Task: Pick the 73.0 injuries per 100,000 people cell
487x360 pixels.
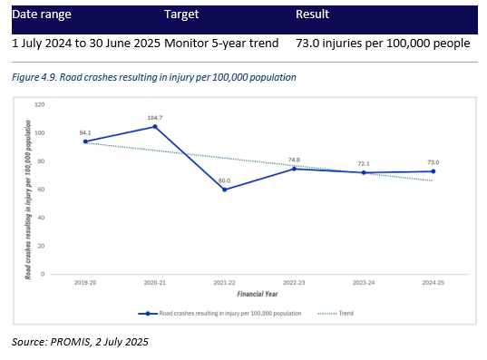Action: (x=383, y=43)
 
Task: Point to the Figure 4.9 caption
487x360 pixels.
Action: (x=154, y=77)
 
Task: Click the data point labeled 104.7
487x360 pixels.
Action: (x=154, y=126)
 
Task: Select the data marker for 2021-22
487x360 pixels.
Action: (x=224, y=189)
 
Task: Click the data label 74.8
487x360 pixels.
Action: (x=293, y=160)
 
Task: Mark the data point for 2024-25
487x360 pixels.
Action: (x=433, y=171)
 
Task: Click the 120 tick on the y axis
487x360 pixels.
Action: (x=39, y=105)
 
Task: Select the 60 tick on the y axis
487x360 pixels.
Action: (x=41, y=190)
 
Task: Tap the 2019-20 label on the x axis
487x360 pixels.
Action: (x=84, y=284)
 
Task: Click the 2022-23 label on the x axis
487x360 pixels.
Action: (x=293, y=284)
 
